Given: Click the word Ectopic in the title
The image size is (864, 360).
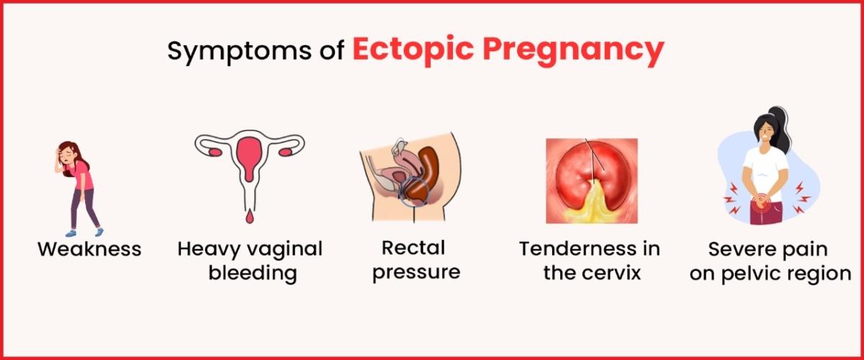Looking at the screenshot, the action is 413,50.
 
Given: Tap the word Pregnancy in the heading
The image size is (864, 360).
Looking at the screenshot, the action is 574,52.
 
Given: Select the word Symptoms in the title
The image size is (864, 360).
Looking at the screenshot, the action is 239,52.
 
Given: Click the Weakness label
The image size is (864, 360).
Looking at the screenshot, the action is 89,249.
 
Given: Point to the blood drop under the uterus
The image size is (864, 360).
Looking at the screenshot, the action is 250,217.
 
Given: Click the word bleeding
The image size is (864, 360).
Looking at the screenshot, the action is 253,273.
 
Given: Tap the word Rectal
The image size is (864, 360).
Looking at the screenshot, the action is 413,248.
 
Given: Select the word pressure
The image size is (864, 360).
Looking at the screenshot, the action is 416,272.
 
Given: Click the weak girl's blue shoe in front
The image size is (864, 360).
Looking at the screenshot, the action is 71,233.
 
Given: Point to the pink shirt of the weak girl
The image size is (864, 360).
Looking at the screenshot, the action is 82,176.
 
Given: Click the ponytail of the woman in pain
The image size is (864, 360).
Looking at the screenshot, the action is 780,127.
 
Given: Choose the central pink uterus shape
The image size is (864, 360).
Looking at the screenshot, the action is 250,157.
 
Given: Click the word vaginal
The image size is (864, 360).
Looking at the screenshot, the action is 284,250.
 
